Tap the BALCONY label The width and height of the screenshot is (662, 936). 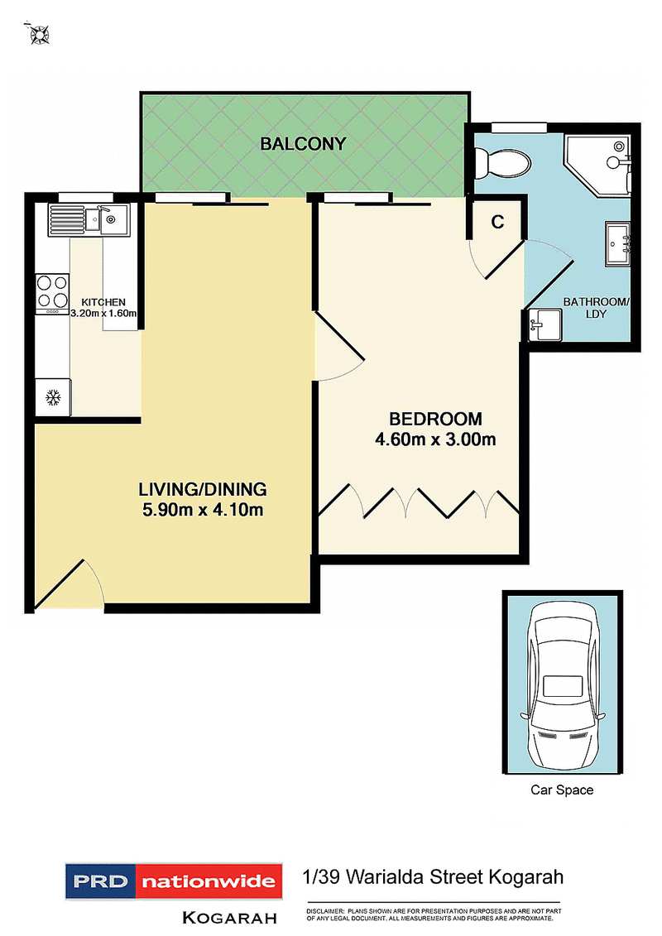(303, 144)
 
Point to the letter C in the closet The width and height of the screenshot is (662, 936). (497, 222)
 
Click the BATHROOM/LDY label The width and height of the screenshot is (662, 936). (596, 308)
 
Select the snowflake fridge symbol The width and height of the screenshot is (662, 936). (53, 398)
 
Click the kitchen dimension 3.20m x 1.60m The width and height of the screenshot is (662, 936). (103, 313)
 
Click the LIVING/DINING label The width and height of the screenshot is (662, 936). (202, 488)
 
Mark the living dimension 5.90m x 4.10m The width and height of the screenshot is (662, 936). (202, 510)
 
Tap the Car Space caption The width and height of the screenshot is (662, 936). (562, 790)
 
